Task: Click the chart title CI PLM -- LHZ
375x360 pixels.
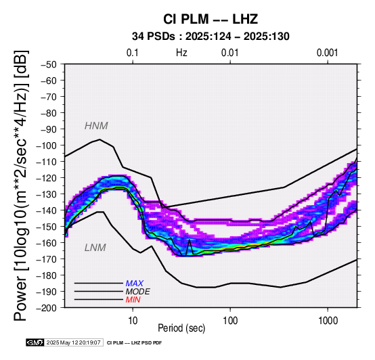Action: tap(211, 19)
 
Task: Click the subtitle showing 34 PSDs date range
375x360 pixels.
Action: tap(211, 37)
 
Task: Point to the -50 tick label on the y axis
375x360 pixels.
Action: tap(49, 64)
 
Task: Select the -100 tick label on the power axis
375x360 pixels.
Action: tap(47, 145)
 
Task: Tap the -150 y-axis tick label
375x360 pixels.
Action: tap(47, 227)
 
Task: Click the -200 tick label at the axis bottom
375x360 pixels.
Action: tap(47, 308)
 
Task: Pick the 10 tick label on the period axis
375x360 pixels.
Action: tap(133, 321)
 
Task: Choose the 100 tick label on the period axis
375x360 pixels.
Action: tap(230, 321)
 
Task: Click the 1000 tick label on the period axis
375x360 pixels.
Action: tap(328, 321)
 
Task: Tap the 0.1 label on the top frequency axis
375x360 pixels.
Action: tap(133, 53)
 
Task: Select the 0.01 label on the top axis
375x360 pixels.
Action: tap(230, 53)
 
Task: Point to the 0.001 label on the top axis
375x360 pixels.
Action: tap(328, 53)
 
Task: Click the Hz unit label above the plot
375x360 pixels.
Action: tap(181, 53)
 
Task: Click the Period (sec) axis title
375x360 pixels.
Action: tap(181, 328)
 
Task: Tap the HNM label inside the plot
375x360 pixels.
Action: tap(96, 126)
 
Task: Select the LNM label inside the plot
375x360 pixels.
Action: tap(95, 248)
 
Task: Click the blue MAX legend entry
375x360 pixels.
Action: tap(135, 284)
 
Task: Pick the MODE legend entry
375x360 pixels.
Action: tap(138, 292)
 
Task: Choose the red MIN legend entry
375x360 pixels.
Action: tap(133, 300)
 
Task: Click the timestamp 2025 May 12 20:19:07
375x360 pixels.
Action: tap(73, 342)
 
